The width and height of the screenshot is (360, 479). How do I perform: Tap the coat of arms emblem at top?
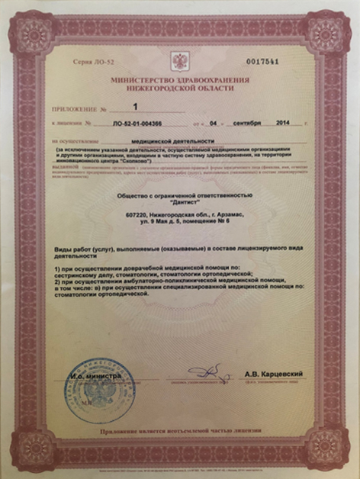click(x=180, y=62)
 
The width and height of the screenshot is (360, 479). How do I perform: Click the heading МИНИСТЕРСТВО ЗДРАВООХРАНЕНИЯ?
click(x=180, y=79)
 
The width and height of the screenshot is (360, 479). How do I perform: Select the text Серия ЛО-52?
click(x=87, y=60)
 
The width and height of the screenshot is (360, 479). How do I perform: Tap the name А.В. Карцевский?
click(x=274, y=373)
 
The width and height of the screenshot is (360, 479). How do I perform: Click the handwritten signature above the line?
click(x=207, y=371)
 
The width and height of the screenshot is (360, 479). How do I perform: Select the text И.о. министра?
click(x=92, y=376)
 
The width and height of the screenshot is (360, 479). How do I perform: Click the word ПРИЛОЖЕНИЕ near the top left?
click(x=74, y=109)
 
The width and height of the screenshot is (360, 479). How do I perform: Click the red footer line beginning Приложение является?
click(x=180, y=431)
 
